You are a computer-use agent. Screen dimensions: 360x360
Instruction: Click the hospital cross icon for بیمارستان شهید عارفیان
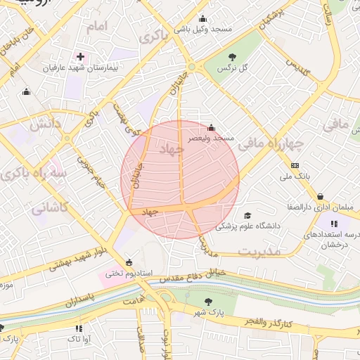click(80, 56)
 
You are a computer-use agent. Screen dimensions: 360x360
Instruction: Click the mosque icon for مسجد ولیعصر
click(211, 128)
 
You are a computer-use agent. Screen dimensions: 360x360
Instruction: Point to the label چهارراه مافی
click(270, 145)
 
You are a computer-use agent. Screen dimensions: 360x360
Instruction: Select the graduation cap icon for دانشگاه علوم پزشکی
click(247, 215)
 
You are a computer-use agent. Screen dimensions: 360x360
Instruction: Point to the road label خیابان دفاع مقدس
click(191, 276)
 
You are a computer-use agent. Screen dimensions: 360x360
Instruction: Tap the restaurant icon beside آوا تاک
click(78, 328)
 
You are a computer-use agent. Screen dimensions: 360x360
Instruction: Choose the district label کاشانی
click(50, 208)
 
